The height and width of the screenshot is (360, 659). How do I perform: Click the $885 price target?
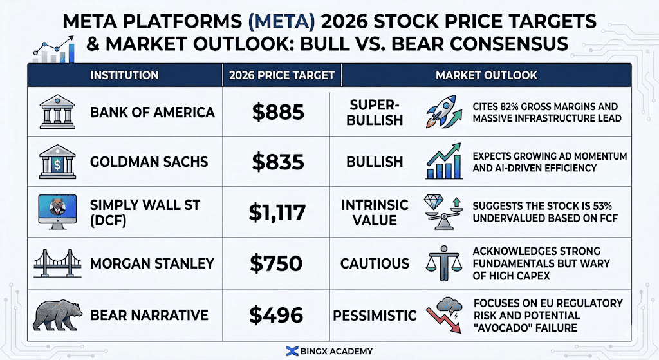click(277, 112)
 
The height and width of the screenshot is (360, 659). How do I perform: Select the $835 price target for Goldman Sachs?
click(277, 162)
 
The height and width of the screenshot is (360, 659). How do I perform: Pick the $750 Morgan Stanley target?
click(277, 263)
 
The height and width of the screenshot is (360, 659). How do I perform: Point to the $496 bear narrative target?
click(277, 314)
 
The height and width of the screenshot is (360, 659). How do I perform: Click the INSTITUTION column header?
click(124, 75)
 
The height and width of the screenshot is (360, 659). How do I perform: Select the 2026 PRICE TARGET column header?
click(282, 75)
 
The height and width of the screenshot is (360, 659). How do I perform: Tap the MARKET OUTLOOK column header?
click(486, 75)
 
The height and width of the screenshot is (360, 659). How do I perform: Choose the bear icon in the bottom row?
click(59, 314)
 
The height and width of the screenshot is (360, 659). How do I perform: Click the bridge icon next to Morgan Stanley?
click(59, 263)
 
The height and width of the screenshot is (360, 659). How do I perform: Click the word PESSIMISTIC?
click(375, 316)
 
